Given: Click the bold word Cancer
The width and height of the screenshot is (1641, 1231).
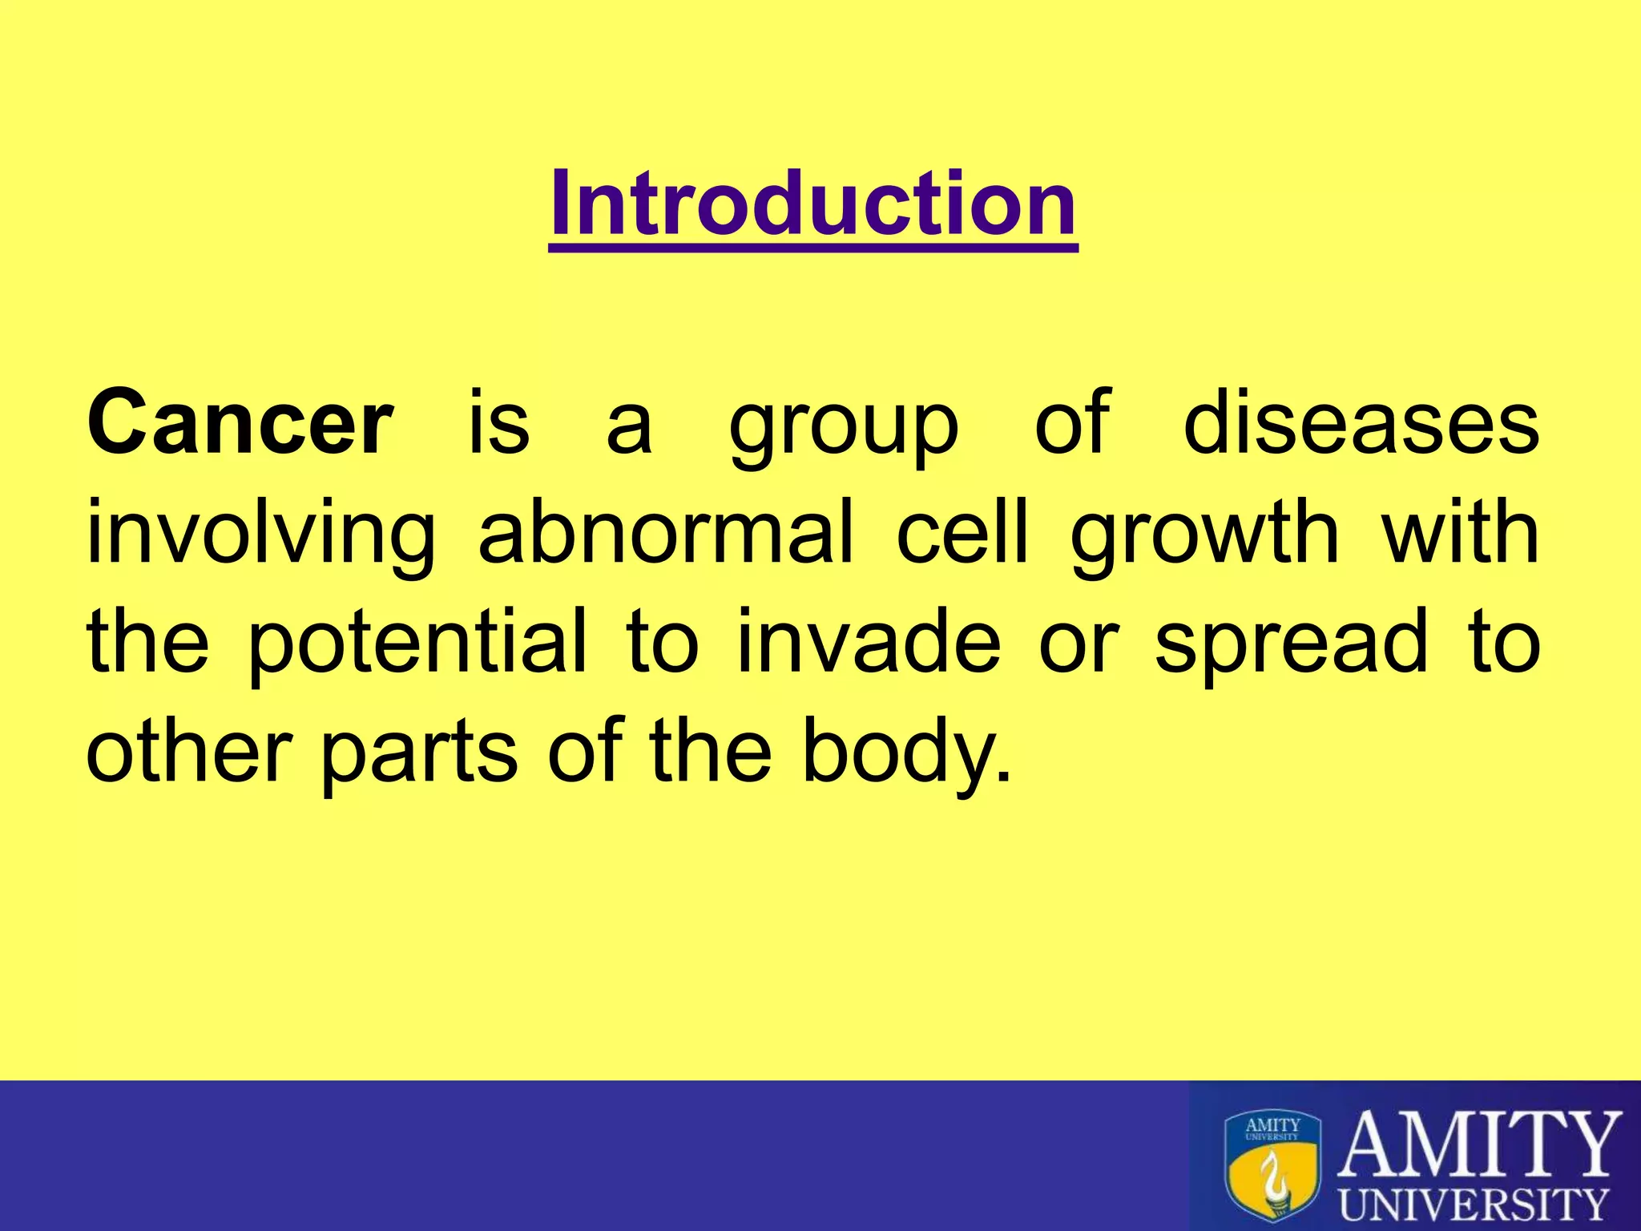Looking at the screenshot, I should click(240, 422).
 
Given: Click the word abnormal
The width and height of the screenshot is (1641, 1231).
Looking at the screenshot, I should click(666, 532).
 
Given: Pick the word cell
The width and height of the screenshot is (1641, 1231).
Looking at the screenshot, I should click(962, 532).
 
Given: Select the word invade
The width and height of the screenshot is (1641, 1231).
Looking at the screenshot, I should click(868, 641).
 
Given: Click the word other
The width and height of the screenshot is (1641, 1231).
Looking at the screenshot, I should click(188, 751).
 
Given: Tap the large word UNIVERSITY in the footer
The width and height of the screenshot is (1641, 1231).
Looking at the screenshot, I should click(1474, 1204).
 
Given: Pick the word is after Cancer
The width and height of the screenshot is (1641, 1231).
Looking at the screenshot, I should click(498, 422).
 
